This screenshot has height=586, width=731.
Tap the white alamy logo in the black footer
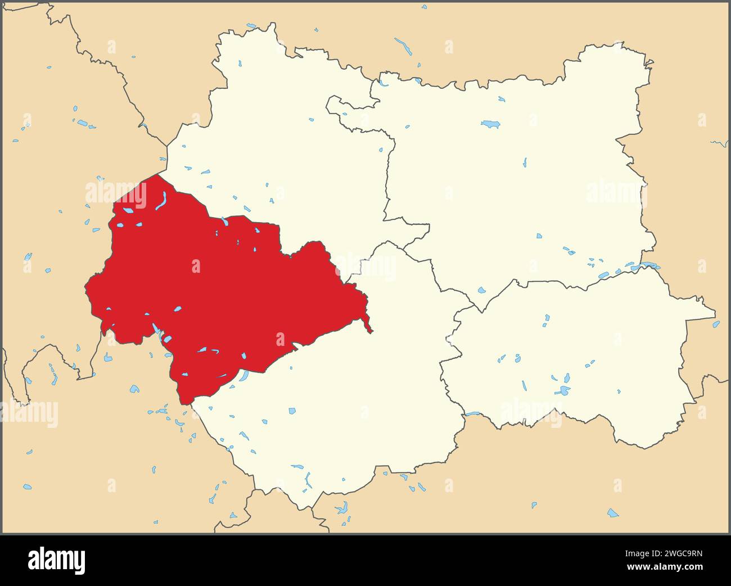[x=56, y=560]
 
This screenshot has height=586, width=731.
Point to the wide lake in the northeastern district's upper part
[x=490, y=124]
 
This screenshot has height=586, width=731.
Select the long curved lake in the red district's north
[x=161, y=201]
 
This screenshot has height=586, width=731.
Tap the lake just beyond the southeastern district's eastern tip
[x=716, y=324]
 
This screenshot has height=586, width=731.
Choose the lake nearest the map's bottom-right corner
[x=612, y=513]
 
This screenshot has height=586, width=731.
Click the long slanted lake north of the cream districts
[x=403, y=46]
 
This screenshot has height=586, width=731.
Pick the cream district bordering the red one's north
[x=281, y=146]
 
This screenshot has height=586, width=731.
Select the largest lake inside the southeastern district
[x=562, y=391]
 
